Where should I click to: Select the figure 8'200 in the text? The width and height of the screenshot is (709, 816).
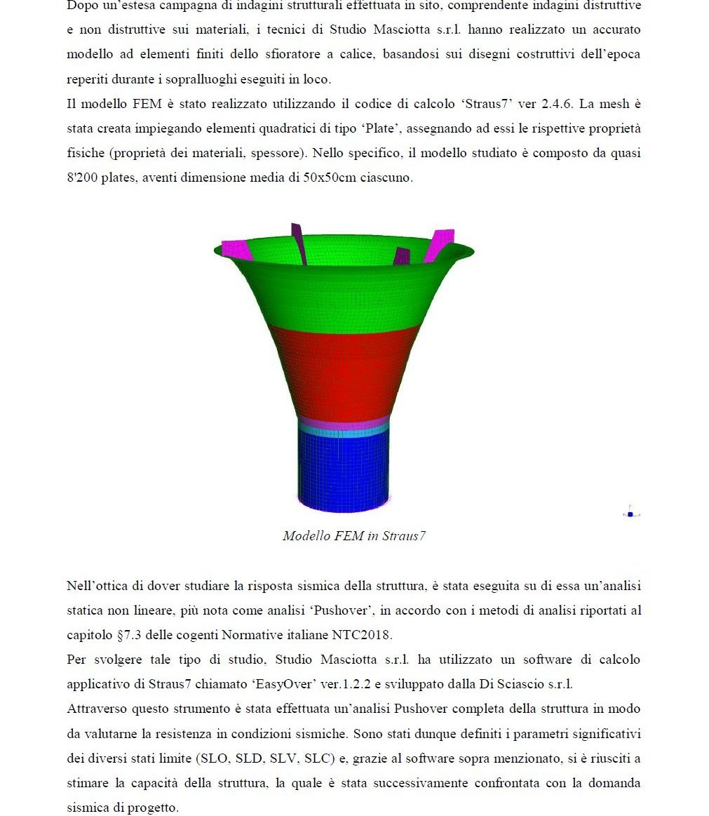[83, 178]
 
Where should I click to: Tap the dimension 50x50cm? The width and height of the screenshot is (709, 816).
[329, 178]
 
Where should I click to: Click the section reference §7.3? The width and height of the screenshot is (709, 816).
[130, 636]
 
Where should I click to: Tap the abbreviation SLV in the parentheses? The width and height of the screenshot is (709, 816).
[281, 758]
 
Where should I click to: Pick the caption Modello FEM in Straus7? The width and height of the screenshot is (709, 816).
[354, 536]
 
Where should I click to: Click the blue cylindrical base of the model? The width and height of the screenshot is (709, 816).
[344, 470]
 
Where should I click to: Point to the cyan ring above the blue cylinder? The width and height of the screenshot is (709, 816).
[344, 433]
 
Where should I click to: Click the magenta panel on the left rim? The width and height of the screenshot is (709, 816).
[237, 249]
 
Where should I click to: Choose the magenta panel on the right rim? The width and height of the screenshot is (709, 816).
[439, 244]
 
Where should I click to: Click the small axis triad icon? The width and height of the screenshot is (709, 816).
[630, 514]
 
